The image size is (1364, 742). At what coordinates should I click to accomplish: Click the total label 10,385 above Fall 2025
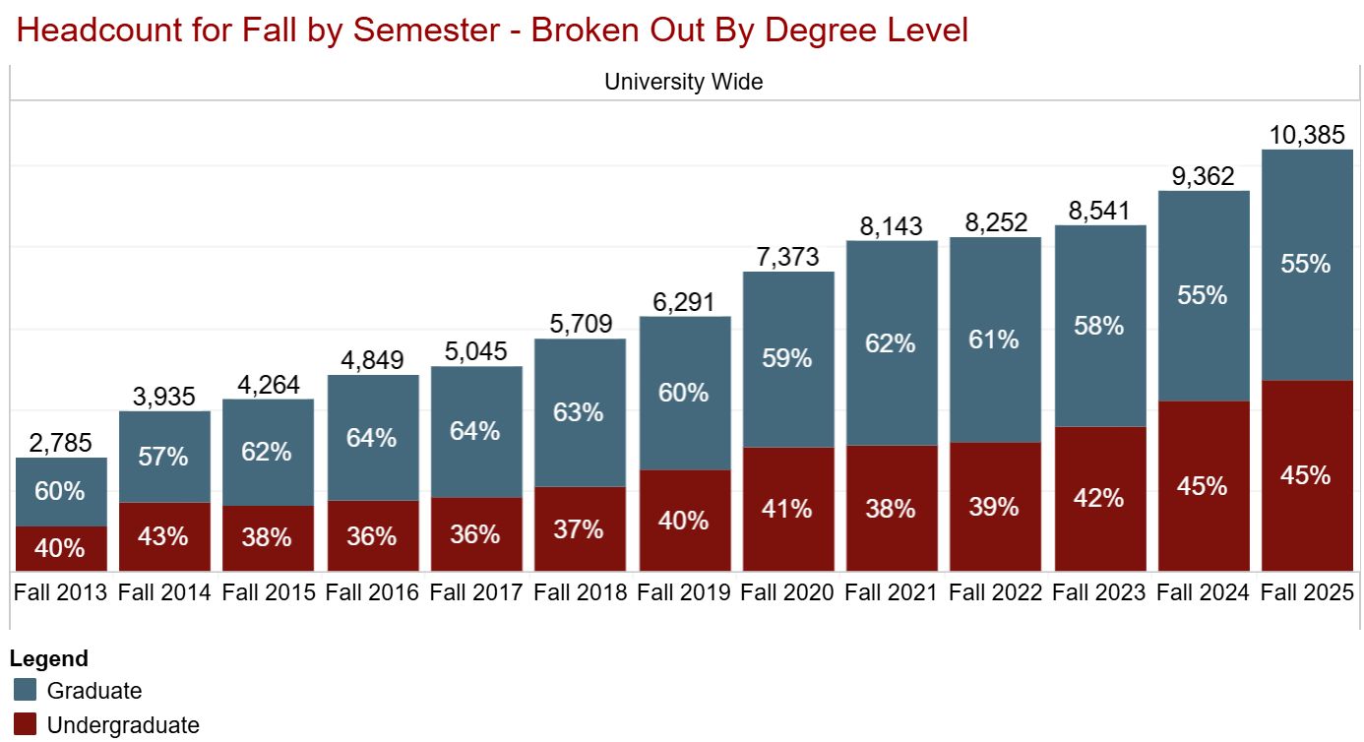click(x=1307, y=135)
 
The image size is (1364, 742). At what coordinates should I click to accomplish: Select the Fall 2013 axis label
click(x=61, y=592)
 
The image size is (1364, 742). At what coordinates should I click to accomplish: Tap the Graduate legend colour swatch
click(x=26, y=690)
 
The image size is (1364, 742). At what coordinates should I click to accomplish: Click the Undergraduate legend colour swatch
click(x=26, y=725)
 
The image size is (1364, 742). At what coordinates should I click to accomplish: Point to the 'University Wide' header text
click(x=683, y=82)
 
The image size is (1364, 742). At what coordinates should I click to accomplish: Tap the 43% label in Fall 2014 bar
click(x=163, y=536)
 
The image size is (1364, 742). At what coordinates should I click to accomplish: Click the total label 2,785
click(x=61, y=444)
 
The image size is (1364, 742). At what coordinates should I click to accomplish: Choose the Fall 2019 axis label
click(x=684, y=592)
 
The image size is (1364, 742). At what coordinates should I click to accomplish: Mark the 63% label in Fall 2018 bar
click(x=580, y=411)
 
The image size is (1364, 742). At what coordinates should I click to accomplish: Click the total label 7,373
click(x=788, y=257)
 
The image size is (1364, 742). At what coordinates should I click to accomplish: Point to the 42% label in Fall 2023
click(x=1099, y=498)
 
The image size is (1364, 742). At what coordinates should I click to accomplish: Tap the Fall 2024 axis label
click(x=1203, y=592)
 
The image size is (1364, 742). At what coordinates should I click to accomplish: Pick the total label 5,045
click(x=476, y=352)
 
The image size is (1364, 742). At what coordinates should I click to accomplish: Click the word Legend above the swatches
click(x=49, y=658)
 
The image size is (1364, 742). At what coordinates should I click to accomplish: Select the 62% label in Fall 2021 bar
click(x=892, y=343)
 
